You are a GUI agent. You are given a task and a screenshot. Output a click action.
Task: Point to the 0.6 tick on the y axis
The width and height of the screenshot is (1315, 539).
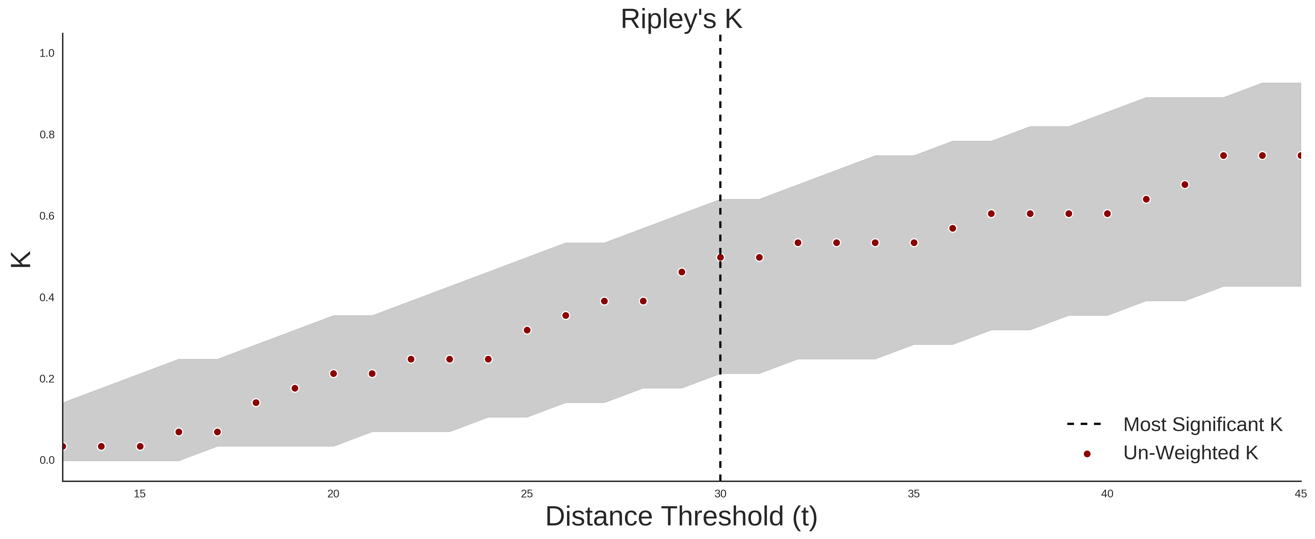[x=47, y=216]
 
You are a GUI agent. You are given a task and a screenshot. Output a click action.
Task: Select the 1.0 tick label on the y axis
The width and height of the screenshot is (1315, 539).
[x=47, y=53]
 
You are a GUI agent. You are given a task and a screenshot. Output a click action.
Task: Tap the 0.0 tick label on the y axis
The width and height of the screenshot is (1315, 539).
[x=47, y=460]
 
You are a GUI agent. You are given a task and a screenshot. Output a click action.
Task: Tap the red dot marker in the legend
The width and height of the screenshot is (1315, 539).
[x=1087, y=454]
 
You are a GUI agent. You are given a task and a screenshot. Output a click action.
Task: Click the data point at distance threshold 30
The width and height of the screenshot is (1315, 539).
[x=720, y=258]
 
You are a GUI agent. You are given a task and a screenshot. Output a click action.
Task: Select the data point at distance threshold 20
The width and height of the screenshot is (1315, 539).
[x=333, y=373]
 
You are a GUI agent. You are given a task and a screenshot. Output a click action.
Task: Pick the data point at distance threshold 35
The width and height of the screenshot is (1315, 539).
[x=914, y=243]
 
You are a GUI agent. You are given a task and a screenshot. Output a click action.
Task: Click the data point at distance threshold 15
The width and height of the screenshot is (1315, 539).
[x=140, y=447]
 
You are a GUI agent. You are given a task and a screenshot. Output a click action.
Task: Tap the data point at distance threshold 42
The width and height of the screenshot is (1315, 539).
[x=1185, y=184]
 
